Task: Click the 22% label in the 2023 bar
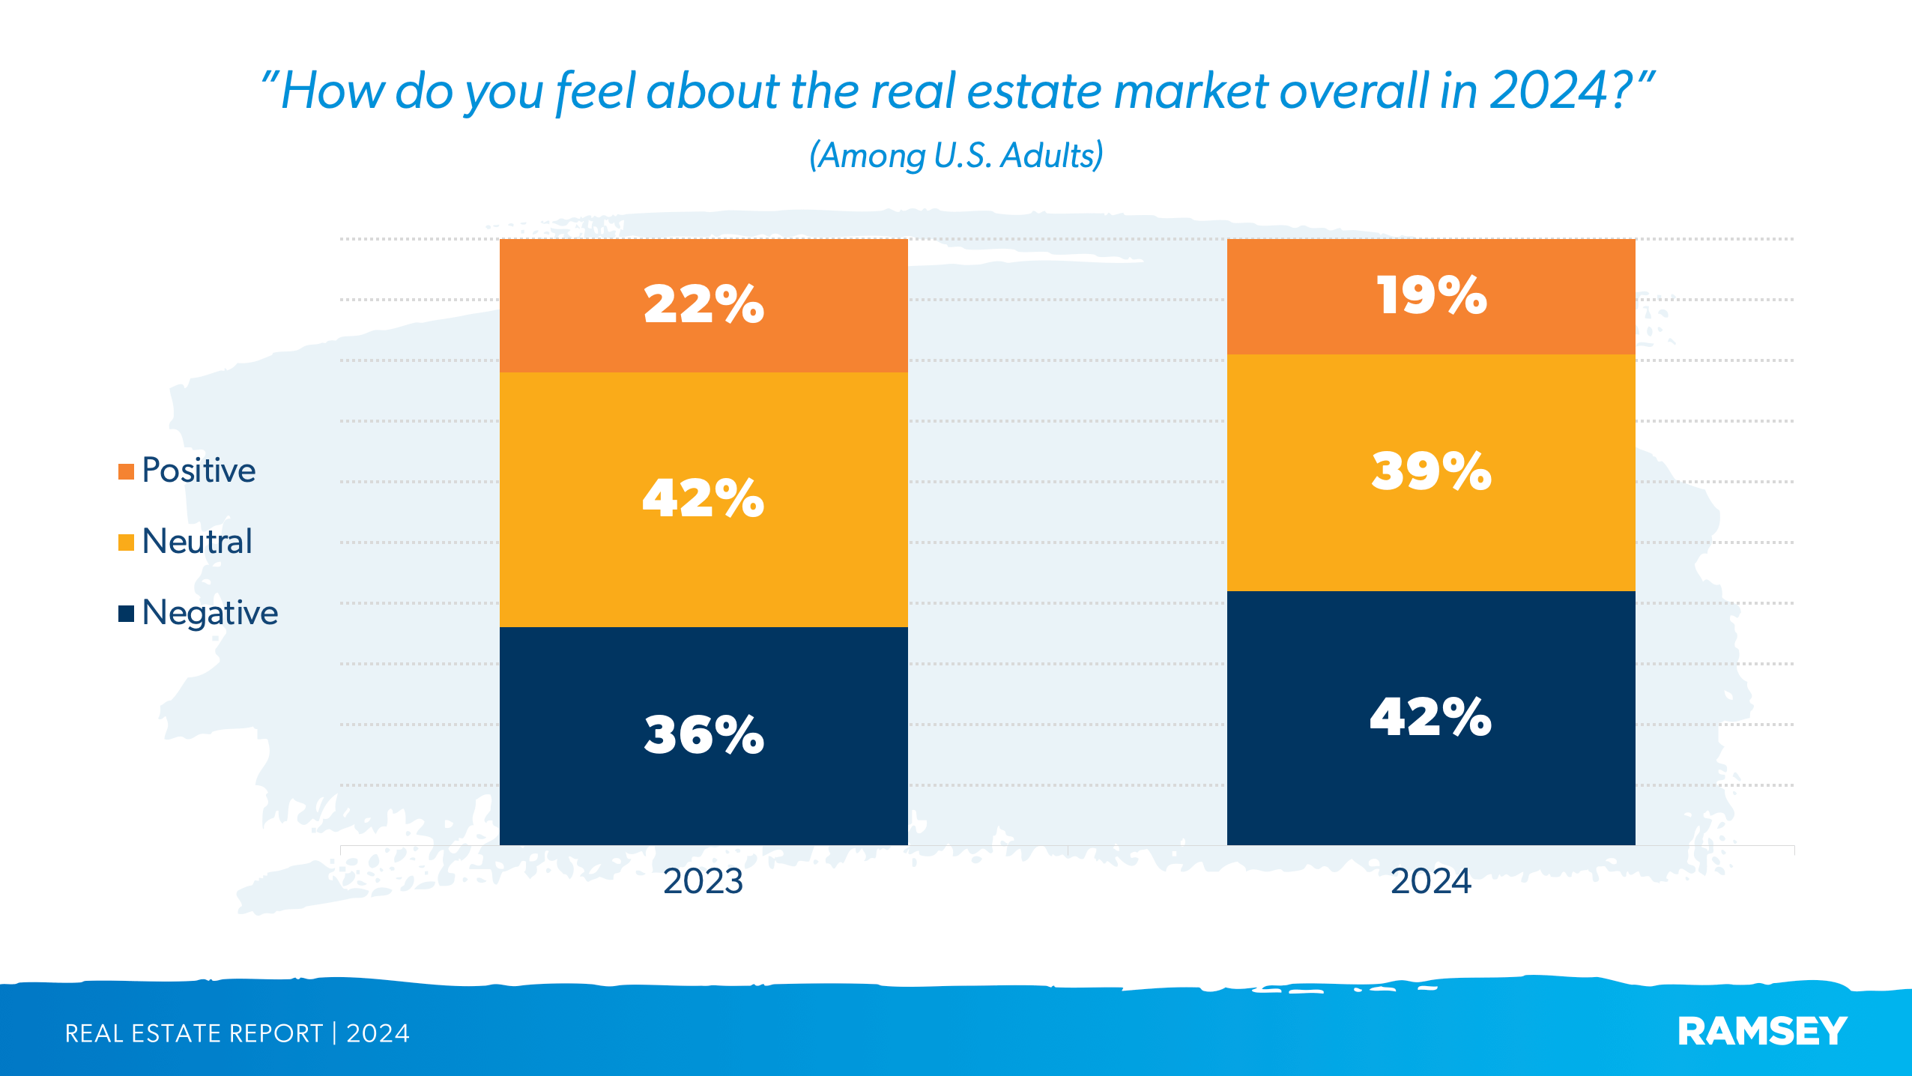pos(704,305)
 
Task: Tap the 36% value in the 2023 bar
pos(704,734)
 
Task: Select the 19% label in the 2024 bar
pos(1431,295)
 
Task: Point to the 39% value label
pos(1431,471)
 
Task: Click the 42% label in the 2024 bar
pos(1431,717)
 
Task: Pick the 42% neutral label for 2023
pos(704,498)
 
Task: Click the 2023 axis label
pos(703,881)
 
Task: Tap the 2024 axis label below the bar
pos(1430,881)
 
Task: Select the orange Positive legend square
pos(126,471)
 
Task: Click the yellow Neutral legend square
pos(126,542)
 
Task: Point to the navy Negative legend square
pos(126,614)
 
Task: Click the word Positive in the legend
pos(199,471)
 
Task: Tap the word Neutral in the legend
pos(197,542)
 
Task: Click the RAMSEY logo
pos(1762,1032)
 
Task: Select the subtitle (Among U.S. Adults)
pos(956,156)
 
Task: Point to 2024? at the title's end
pos(1562,91)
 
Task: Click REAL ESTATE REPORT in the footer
pos(193,1033)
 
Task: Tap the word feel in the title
pos(595,91)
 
